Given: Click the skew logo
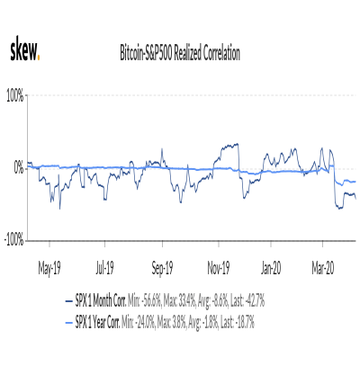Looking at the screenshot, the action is [x=25, y=49].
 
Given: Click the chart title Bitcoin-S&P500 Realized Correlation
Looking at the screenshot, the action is [x=180, y=53].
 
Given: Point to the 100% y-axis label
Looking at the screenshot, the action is [x=15, y=96].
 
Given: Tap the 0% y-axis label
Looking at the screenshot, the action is [x=19, y=169].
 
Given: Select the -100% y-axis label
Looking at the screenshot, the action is [x=13, y=241].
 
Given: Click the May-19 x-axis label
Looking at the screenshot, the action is [x=49, y=268].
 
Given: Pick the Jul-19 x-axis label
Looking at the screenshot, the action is [x=105, y=268].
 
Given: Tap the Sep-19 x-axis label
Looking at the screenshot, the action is [x=162, y=268].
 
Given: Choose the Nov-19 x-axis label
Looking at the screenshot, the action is [x=219, y=268].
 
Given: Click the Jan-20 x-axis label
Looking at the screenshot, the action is [x=271, y=268].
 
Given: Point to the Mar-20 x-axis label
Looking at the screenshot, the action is [x=323, y=268].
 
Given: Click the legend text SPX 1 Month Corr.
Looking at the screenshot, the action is [x=101, y=301].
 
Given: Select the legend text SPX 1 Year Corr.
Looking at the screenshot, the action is [x=97, y=323].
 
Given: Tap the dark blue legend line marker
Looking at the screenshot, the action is [x=69, y=301].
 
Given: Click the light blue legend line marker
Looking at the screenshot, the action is [x=69, y=323].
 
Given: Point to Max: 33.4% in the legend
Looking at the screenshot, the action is [x=180, y=301].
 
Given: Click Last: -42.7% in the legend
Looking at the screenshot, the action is [x=247, y=301].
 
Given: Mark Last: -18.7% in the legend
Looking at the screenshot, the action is [x=238, y=323].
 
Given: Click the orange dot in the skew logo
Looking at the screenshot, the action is [x=39, y=58].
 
